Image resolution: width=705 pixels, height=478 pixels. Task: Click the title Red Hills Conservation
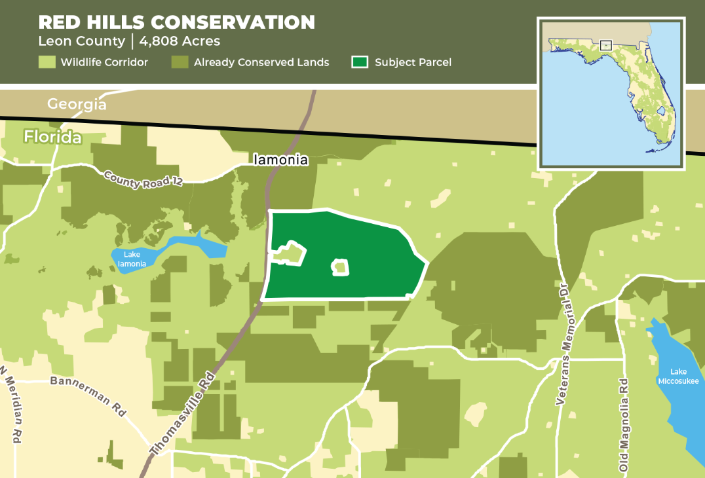tap(176, 22)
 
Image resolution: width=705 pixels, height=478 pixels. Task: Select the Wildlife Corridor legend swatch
tap(47, 63)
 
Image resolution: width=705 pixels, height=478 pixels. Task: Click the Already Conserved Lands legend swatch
tap(180, 63)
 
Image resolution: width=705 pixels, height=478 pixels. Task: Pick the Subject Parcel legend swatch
tap(359, 63)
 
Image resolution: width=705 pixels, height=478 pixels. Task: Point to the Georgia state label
tap(76, 104)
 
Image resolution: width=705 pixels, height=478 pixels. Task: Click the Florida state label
tap(53, 138)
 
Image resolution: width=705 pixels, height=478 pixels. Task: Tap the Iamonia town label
tap(281, 159)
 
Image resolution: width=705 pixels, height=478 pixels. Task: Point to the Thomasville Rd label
tap(183, 414)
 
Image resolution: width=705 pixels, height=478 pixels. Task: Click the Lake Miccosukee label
tap(679, 377)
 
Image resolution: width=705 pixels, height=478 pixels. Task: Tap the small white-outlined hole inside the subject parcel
tap(340, 267)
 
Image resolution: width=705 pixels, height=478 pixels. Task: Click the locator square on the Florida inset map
tap(605, 46)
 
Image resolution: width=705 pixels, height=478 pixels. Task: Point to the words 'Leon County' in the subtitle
tap(81, 41)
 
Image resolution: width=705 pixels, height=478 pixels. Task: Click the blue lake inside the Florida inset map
tap(660, 111)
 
